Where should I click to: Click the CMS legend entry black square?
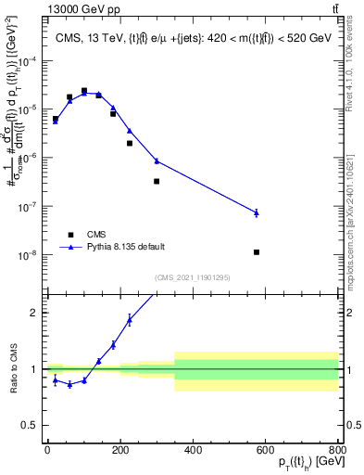69,235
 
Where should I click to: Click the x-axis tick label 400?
193,450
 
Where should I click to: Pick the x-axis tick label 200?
119,450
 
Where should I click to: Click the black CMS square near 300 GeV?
157,181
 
